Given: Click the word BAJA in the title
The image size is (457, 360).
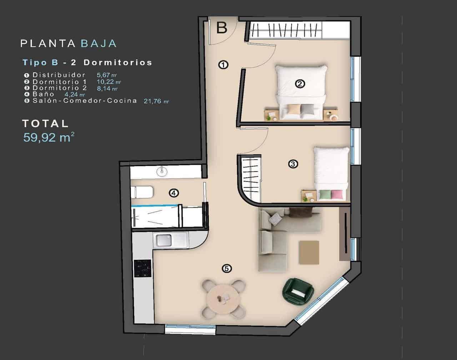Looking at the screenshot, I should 99,44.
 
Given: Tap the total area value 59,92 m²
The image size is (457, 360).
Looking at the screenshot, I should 49,137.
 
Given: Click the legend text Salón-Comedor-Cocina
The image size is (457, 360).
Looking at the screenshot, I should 85,101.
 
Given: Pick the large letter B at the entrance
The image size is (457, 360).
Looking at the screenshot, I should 222,27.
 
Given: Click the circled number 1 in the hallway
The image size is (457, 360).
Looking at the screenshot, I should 223,65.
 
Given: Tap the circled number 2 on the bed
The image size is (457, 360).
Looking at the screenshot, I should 300,84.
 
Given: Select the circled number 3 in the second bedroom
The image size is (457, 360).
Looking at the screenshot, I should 293,164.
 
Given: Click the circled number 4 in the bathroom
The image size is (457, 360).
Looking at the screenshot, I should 174,193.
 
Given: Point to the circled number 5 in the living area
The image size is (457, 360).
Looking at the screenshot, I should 226,268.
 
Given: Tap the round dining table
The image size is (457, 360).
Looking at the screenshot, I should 224,298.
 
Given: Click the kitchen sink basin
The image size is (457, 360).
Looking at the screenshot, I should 163,240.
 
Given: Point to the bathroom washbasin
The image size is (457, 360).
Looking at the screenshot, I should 162,172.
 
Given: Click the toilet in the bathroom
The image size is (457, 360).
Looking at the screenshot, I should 142,193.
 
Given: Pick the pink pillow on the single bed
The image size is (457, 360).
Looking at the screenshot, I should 336,194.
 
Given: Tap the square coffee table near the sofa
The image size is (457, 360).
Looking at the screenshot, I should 309,252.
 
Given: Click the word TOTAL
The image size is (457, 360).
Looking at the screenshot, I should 45,123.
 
